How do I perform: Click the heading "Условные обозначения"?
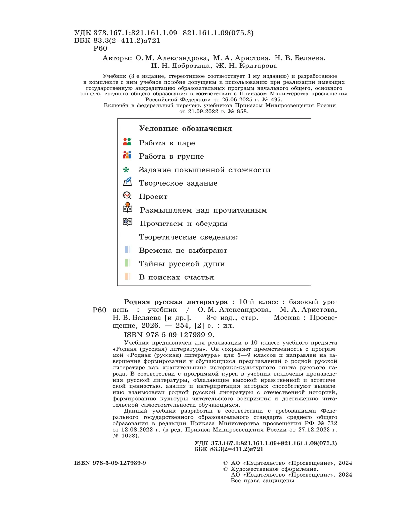pyautogui.click(x=185, y=129)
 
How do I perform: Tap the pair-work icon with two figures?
pyautogui.click(x=127, y=142)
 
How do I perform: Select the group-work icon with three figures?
pyautogui.click(x=127, y=155)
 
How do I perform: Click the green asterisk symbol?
pyautogui.click(x=126, y=170)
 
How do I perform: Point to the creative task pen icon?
pyautogui.click(x=127, y=182)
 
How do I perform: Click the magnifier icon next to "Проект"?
pyautogui.click(x=127, y=196)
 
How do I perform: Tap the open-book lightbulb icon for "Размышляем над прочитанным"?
pyautogui.click(x=127, y=208)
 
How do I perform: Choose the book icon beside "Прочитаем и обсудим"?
pyautogui.click(x=127, y=222)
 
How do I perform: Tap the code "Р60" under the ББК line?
pyautogui.click(x=100, y=48)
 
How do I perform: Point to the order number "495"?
pyautogui.click(x=276, y=100)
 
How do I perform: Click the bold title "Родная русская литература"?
pyautogui.click(x=176, y=302)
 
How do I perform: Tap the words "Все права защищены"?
pyautogui.click(x=262, y=481)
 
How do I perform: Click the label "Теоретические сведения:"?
pyautogui.click(x=188, y=237)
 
